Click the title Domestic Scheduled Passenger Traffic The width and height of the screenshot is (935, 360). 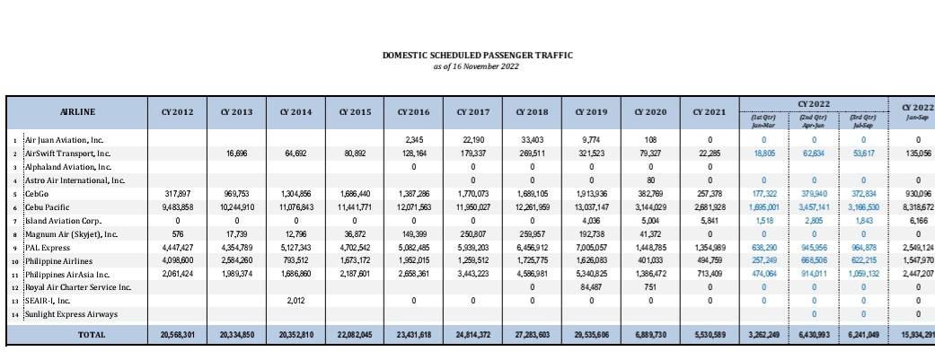click(477, 56)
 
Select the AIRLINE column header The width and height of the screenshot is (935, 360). click(77, 112)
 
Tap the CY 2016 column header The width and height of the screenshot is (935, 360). click(414, 112)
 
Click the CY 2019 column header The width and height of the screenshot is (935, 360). click(592, 112)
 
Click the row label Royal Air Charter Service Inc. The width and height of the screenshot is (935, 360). click(77, 287)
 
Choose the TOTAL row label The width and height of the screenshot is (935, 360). click(91, 335)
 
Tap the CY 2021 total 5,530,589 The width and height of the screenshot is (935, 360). click(709, 335)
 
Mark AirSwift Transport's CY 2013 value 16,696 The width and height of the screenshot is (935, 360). click(236, 154)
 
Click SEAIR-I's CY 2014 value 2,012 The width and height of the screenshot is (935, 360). click(296, 301)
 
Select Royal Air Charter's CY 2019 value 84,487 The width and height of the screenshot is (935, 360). click(592, 287)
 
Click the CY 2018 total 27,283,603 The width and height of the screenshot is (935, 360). click(532, 335)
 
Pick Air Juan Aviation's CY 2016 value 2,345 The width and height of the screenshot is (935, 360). click(414, 140)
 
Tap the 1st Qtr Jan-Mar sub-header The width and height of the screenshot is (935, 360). click(763, 121)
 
